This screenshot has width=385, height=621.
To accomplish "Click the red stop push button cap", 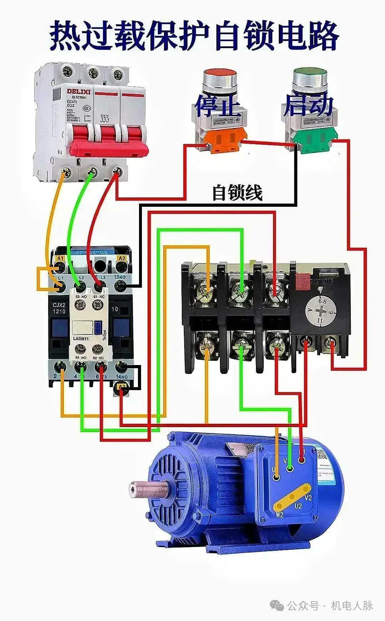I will click(x=220, y=73).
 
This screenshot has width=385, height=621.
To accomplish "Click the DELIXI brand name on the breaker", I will click(x=78, y=92).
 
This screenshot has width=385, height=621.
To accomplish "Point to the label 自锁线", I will click(x=237, y=193).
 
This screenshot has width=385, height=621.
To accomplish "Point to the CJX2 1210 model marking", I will click(x=59, y=308).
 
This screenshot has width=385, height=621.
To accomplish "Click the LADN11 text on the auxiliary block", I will click(x=81, y=338).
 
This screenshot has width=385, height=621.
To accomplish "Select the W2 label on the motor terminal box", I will click(x=279, y=515).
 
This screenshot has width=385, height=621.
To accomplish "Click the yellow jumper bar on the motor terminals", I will click(x=292, y=496).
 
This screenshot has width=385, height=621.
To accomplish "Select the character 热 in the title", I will click(x=64, y=36).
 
